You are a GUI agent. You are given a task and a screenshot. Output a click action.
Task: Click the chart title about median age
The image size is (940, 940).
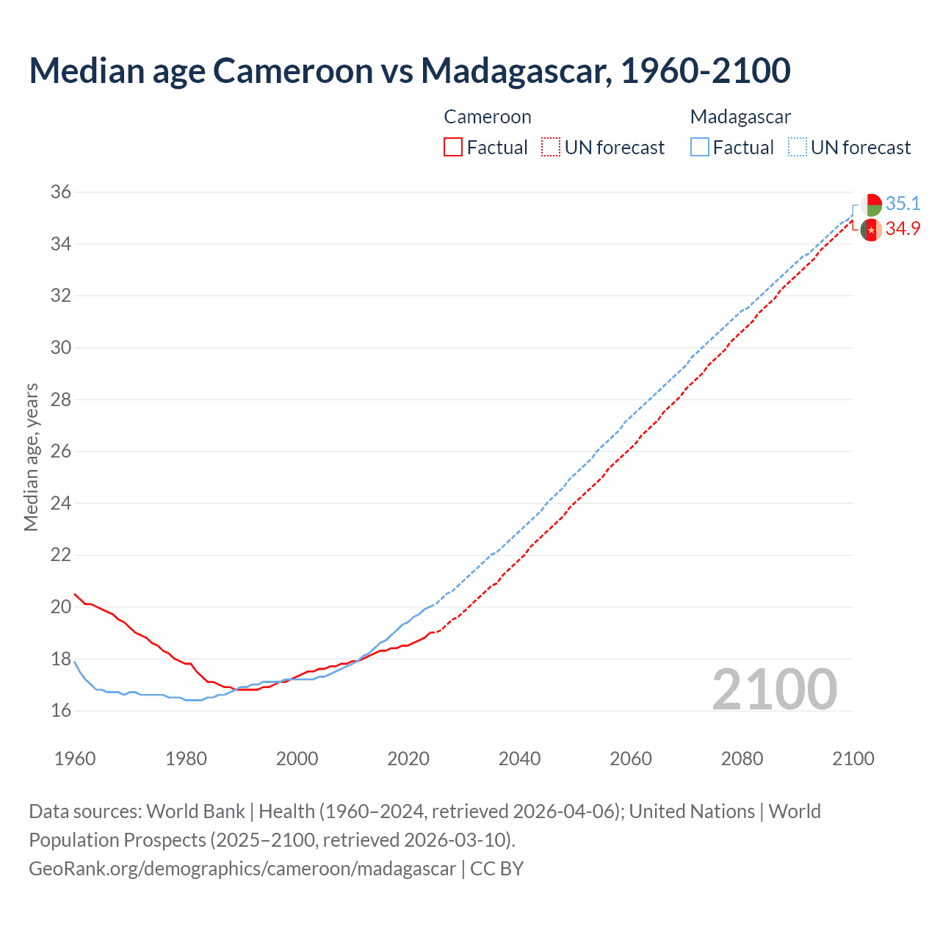click(x=409, y=70)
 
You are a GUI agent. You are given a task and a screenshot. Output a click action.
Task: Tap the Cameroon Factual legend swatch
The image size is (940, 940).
click(x=453, y=148)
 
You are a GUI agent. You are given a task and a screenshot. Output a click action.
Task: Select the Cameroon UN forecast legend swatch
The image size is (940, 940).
click(x=551, y=148)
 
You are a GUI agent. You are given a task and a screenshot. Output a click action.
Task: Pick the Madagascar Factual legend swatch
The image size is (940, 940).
click(x=700, y=148)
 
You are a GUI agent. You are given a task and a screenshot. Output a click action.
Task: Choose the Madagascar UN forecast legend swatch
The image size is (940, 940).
click(x=798, y=148)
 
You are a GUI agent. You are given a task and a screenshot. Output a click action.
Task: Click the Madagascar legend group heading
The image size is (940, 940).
click(x=740, y=117)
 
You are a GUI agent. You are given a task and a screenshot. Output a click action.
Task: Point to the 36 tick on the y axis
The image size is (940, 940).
click(x=61, y=192)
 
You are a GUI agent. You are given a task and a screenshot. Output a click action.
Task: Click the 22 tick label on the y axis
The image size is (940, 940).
click(x=61, y=555)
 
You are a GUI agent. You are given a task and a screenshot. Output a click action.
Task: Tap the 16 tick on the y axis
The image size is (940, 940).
click(x=61, y=711)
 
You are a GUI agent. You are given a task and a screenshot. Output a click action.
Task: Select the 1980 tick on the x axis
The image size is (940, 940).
click(x=186, y=759)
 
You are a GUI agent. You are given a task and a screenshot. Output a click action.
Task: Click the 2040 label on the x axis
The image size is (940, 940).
click(x=519, y=759)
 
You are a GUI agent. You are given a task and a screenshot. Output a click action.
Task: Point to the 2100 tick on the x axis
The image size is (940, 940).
click(x=853, y=759)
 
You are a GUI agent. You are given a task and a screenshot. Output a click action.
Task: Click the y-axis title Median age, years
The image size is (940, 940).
click(x=31, y=457)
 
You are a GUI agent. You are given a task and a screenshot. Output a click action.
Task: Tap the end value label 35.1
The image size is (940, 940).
click(x=903, y=203)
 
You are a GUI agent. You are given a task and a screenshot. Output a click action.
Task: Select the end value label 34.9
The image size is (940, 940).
click(x=903, y=229)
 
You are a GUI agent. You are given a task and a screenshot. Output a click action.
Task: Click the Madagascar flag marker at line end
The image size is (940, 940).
click(x=871, y=205)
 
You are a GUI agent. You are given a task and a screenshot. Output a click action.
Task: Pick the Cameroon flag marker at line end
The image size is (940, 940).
click(x=871, y=230)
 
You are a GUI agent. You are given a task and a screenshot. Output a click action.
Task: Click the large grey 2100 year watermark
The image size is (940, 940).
click(x=774, y=689)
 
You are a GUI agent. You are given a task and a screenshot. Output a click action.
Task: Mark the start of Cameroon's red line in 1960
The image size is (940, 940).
click(x=75, y=594)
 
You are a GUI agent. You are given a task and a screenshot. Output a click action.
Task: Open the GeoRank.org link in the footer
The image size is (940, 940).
click(x=242, y=869)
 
